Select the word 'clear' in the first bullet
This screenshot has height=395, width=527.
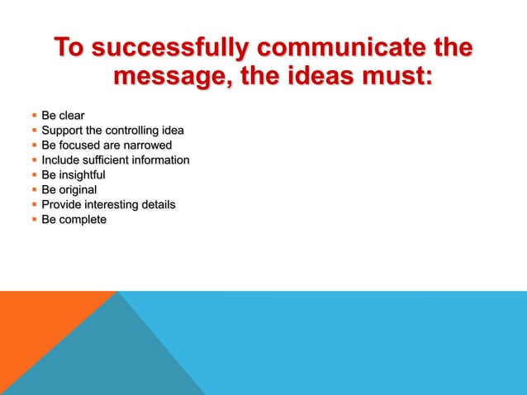pos(71,116)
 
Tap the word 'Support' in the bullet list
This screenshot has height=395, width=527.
pos(63,131)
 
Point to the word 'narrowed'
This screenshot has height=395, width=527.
pos(148,145)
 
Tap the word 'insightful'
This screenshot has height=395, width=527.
pos(82,175)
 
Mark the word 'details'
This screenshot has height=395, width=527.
pos(159,205)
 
